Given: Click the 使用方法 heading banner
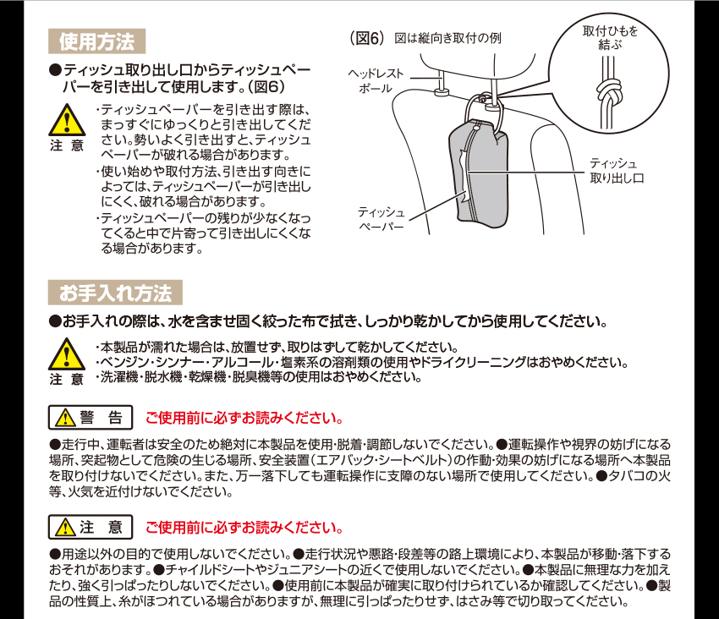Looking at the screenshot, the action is tap(96, 41).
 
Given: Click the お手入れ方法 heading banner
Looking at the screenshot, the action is tap(115, 293).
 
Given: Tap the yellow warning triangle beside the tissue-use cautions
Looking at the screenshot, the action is tap(67, 120).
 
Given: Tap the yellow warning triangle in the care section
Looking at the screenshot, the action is tap(67, 354).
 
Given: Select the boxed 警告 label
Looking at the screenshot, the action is tap(91, 417).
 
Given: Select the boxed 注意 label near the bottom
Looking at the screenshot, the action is tap(91, 527).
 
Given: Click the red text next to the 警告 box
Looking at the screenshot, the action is tap(244, 418).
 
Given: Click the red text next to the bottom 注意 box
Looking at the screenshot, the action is tap(244, 528).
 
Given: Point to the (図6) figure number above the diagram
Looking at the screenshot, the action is tap(366, 38).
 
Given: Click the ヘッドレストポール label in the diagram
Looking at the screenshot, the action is tap(376, 80).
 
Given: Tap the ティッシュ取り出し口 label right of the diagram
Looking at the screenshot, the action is tap(617, 171).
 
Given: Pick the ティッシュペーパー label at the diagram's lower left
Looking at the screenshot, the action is tap(381, 219).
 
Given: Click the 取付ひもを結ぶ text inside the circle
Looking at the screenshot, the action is tap(610, 37).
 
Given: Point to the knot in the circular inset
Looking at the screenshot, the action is tap(609, 92).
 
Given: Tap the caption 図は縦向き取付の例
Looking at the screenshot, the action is tap(447, 38).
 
